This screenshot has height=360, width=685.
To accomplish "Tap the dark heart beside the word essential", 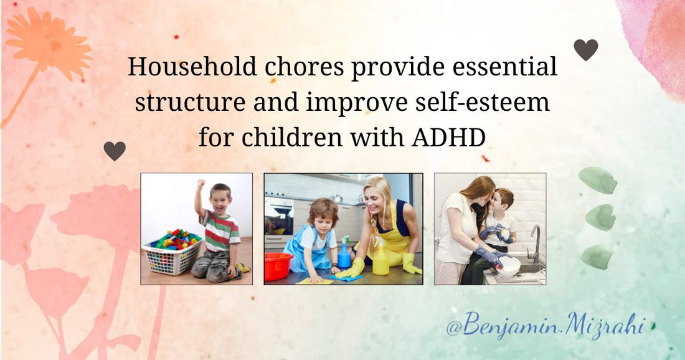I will click(x=585, y=49).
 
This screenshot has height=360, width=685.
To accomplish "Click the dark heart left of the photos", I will click(x=115, y=150).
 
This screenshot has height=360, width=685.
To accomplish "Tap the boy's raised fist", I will click(x=201, y=185).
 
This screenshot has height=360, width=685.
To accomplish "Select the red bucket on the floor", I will click(x=278, y=266).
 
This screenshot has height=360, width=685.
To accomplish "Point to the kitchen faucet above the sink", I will click(x=535, y=240).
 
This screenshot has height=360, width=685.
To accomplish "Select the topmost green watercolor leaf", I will click(x=597, y=180).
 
